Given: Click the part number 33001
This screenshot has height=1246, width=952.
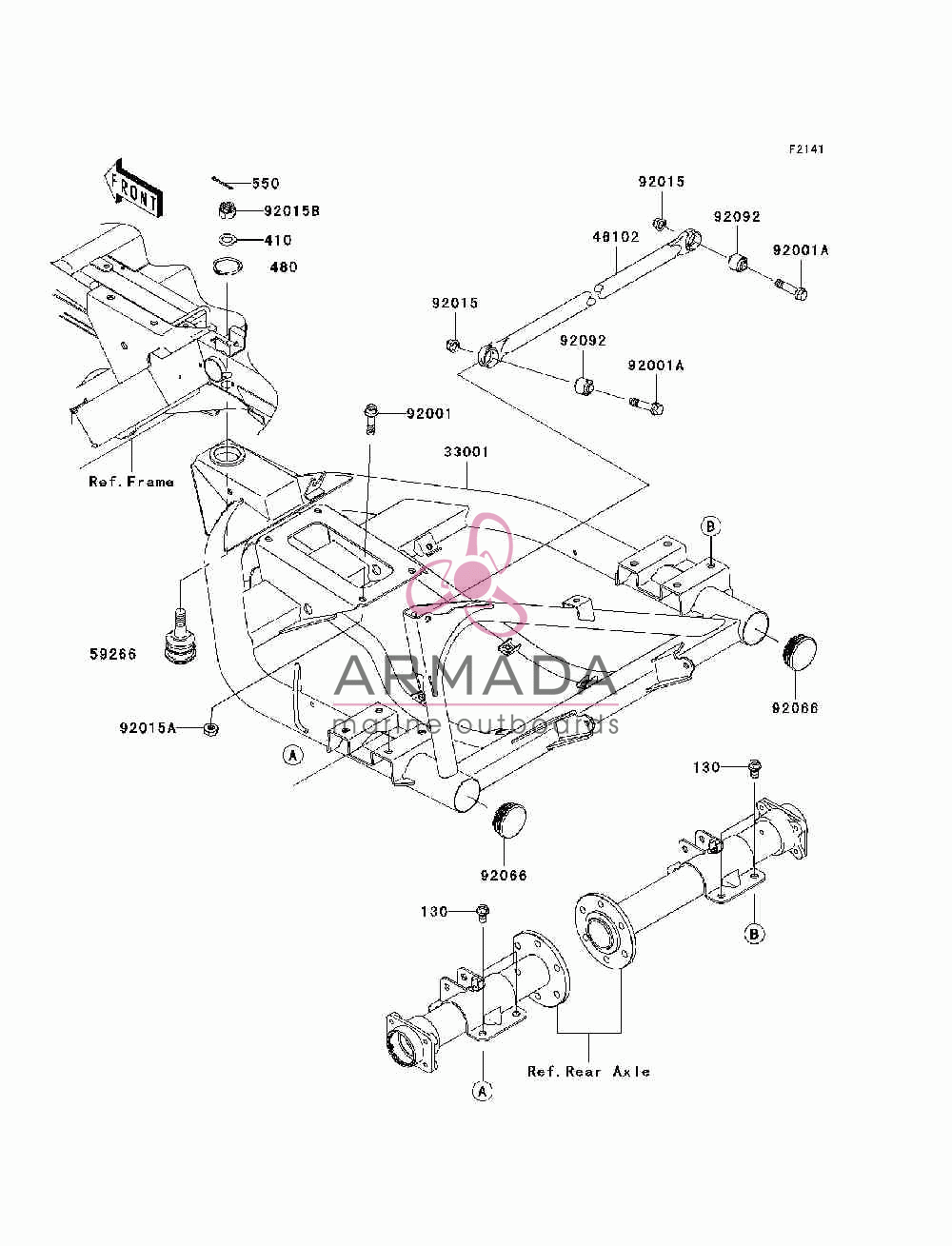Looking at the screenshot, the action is coord(466,452).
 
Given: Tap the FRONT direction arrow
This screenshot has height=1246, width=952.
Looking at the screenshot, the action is coord(133,188).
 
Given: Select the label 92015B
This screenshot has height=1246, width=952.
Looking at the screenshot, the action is coord(291,211).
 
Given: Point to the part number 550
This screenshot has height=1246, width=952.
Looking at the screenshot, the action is coord(266,184).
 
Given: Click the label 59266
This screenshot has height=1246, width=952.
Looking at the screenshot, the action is coord(113,654).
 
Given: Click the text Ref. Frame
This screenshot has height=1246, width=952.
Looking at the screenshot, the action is coord(131,482).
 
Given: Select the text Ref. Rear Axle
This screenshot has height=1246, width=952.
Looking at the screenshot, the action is coord(588,1072).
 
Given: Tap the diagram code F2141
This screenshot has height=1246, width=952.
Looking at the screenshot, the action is coord(806,149).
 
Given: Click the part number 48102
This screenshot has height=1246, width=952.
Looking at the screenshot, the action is coord(616,237).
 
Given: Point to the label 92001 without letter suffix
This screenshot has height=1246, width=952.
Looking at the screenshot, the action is coord(428,414).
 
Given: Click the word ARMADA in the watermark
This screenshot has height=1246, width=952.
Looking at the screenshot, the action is coord(476,676).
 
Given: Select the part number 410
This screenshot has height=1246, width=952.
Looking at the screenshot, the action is coord(278,240).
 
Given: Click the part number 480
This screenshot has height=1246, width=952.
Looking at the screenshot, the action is coord(284,267).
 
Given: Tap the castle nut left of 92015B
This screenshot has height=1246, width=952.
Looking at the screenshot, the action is coord(228,210).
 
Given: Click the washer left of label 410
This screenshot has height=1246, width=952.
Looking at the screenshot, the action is coord(228,240).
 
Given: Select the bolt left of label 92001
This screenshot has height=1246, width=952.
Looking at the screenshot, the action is coord(370,419).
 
